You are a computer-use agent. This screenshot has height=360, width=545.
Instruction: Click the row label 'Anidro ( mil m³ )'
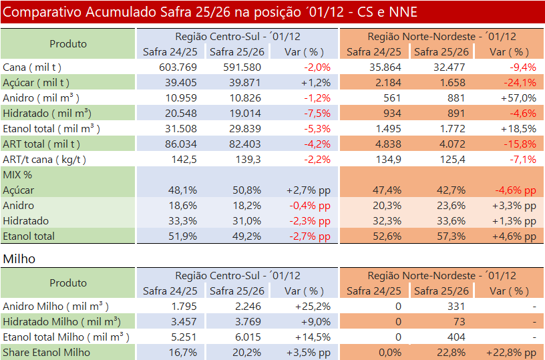click(42, 98)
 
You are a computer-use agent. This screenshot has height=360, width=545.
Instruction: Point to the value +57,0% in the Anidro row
click(518, 98)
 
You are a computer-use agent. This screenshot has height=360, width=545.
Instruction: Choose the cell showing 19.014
click(245, 113)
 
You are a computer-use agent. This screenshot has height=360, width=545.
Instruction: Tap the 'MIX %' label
click(17, 174)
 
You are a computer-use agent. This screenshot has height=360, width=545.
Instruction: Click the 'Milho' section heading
click(19, 258)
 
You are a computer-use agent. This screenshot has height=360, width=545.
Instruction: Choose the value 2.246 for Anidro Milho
click(245, 306)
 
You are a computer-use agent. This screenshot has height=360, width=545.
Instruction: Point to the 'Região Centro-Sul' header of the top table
click(238, 36)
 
